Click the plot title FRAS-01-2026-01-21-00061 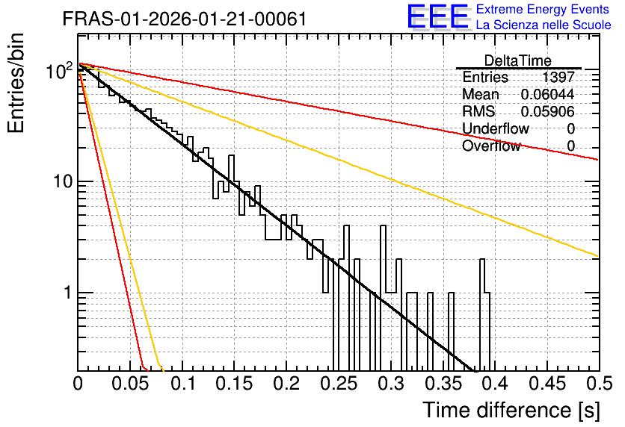(185, 19)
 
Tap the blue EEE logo (438, 16)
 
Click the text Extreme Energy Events (543, 9)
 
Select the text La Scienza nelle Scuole (544, 25)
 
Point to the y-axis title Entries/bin (16, 83)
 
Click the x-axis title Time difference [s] (511, 411)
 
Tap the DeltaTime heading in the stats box (518, 60)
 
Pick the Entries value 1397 (558, 77)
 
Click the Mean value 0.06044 (547, 94)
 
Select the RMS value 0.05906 (547, 111)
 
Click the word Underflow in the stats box (496, 128)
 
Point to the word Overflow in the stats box (491, 146)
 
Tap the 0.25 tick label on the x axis (339, 384)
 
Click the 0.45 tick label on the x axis (547, 384)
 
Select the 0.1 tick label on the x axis (183, 384)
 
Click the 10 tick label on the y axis (63, 182)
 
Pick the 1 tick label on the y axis (68, 293)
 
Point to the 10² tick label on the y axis (60, 71)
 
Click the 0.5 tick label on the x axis (600, 384)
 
